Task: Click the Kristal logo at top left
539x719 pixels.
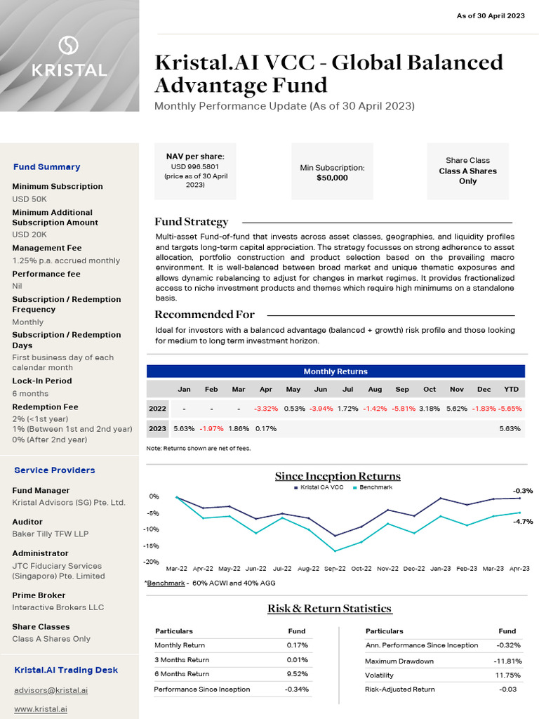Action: pos(69,57)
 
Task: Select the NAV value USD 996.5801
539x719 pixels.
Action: pos(195,167)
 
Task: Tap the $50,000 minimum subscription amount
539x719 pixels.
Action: pos(332,178)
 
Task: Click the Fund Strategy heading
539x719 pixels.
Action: pos(191,222)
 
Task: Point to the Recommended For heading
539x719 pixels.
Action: pos(204,315)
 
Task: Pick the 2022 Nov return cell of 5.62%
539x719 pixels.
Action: pos(456,409)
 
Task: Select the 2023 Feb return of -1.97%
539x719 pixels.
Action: pos(211,428)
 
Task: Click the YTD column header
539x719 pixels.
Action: pos(511,389)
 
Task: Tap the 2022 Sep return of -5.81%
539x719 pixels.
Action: pos(402,409)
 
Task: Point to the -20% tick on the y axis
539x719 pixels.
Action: pos(152,562)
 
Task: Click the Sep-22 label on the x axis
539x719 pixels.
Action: pos(334,569)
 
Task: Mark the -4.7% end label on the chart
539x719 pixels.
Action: pos(523,522)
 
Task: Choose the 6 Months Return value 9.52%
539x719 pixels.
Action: pos(297,674)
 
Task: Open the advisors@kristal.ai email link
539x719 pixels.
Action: pos(51,690)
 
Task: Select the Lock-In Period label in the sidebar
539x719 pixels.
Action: pos(42,381)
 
